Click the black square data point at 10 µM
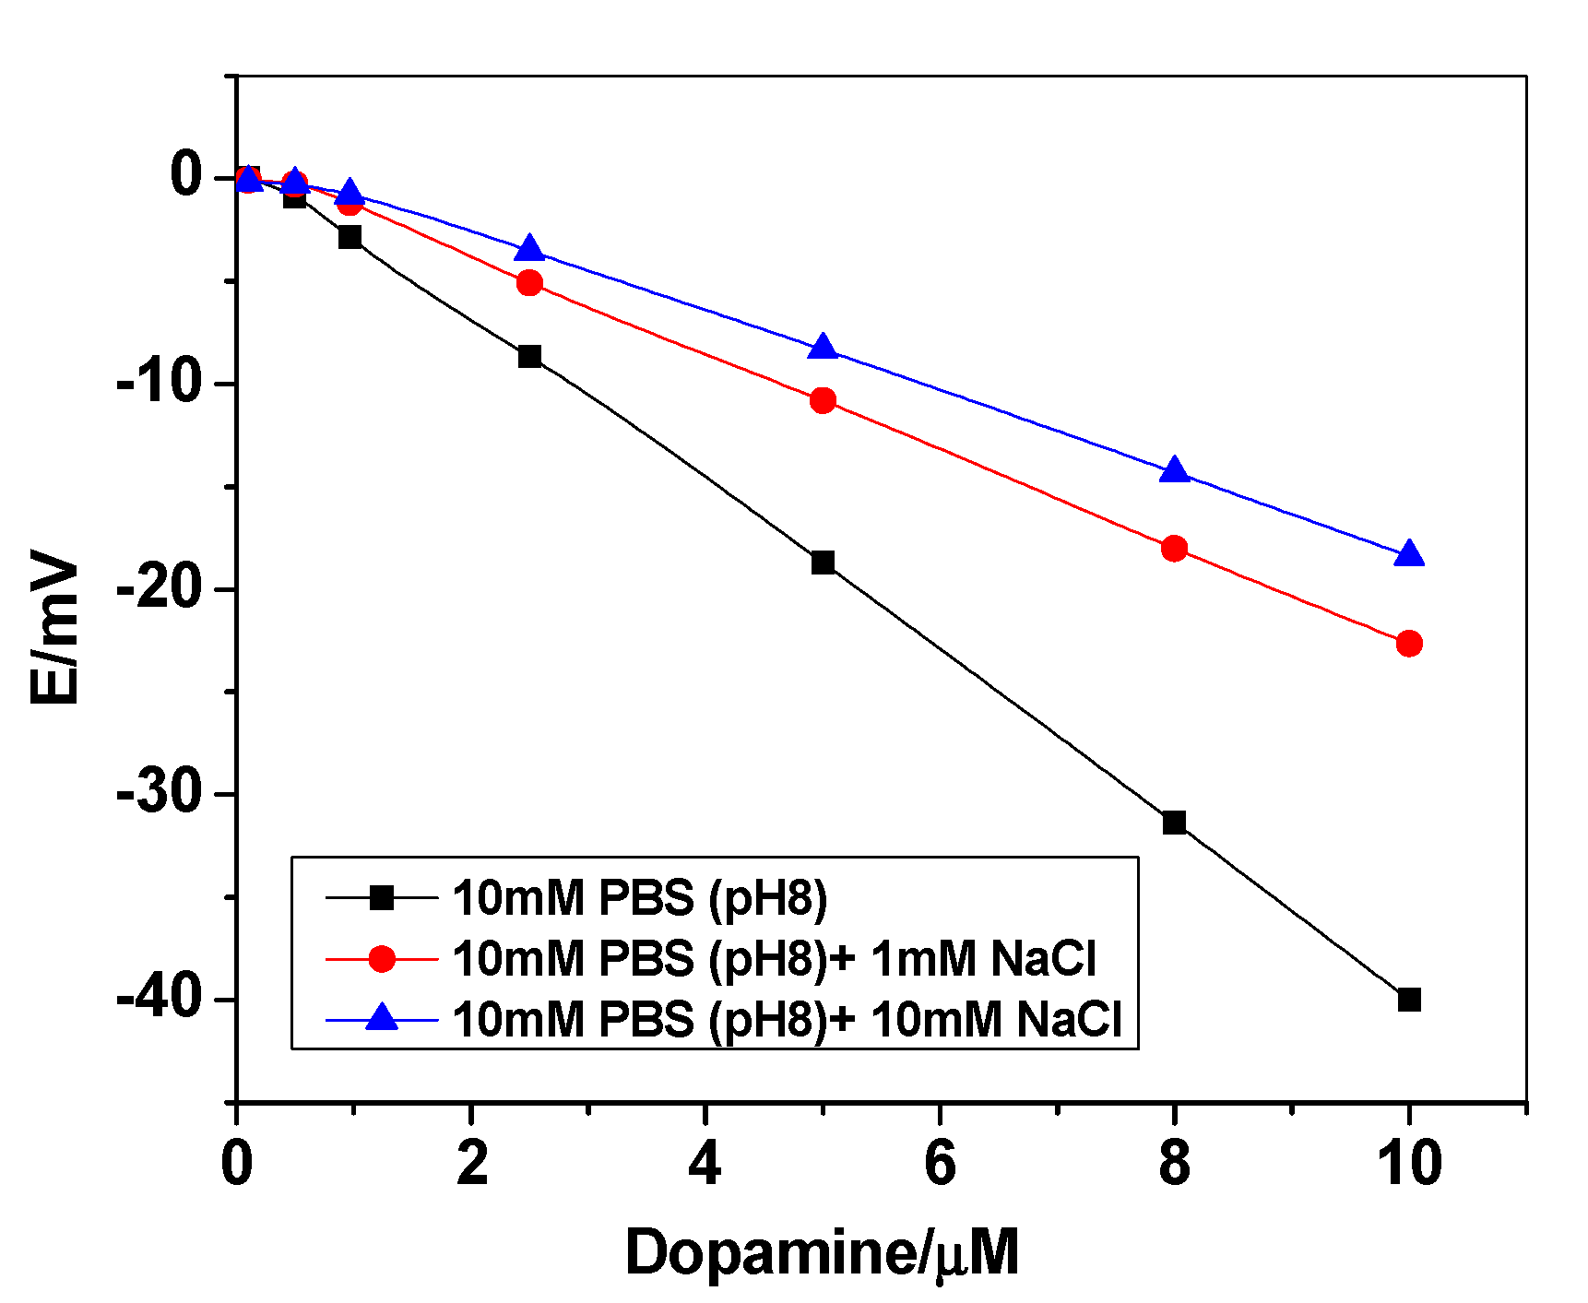(x=1408, y=1000)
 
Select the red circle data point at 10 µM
(x=1408, y=643)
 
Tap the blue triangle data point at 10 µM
(x=1408, y=554)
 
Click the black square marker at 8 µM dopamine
(x=1174, y=823)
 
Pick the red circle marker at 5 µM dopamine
(x=823, y=400)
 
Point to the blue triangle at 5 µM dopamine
(x=823, y=348)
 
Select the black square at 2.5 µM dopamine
(x=529, y=356)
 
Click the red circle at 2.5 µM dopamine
(x=529, y=282)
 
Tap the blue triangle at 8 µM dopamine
(x=1174, y=470)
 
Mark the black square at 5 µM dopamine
(x=823, y=563)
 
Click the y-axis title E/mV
(x=55, y=627)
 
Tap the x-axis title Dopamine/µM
(x=822, y=1252)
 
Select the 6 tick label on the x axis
(x=940, y=1163)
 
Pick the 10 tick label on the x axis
(x=1408, y=1163)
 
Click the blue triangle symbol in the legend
(x=382, y=1018)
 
